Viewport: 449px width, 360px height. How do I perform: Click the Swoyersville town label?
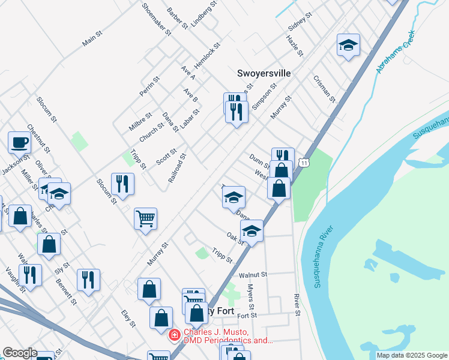[x=264, y=73]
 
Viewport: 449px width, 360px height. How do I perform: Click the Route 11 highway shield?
[x=306, y=163]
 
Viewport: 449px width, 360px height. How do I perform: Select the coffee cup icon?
[x=19, y=143]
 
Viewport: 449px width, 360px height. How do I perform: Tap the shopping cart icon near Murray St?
[x=145, y=218]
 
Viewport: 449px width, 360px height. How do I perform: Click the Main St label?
[x=93, y=41]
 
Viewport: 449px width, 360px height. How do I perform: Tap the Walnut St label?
[x=253, y=275]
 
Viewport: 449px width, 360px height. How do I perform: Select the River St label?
[x=297, y=305]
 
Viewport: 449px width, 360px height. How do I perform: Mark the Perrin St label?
[x=149, y=87]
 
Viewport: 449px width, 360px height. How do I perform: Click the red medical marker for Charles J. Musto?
[x=174, y=335]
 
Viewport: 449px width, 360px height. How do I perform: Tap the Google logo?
[x=19, y=353]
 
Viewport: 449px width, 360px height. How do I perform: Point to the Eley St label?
[x=128, y=319]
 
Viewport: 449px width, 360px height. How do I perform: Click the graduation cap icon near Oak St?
[x=252, y=230]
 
